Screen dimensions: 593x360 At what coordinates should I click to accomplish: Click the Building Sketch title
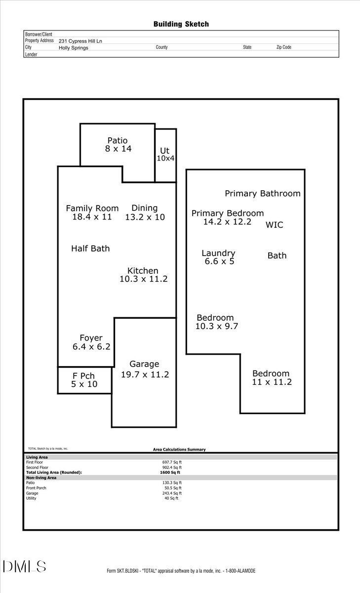coord(181,24)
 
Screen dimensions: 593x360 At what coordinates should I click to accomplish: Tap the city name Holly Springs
coord(74,48)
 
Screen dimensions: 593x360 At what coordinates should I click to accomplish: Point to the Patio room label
coord(118,140)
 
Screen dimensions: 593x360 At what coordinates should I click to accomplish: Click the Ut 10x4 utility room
coord(165,154)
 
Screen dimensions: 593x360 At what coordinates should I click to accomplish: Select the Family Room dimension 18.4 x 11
coord(92,217)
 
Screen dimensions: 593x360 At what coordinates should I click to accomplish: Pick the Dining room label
coord(144,208)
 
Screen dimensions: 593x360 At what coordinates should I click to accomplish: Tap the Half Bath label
coord(90,249)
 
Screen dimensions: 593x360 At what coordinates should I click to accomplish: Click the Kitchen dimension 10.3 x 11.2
coord(144,279)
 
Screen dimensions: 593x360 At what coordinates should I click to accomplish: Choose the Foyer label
coord(91,338)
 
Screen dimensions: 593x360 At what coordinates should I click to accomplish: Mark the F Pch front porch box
coord(84,380)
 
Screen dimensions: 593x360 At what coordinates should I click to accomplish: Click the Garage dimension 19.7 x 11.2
coord(145,375)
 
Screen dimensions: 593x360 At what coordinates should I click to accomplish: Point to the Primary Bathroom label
coord(262,194)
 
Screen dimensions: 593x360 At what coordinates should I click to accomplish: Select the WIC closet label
coord(275,225)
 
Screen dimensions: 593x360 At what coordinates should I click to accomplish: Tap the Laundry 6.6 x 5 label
coord(219,257)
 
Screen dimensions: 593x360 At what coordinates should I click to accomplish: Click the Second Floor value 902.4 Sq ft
coord(172,467)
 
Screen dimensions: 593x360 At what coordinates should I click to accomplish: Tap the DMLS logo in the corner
coord(25,566)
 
